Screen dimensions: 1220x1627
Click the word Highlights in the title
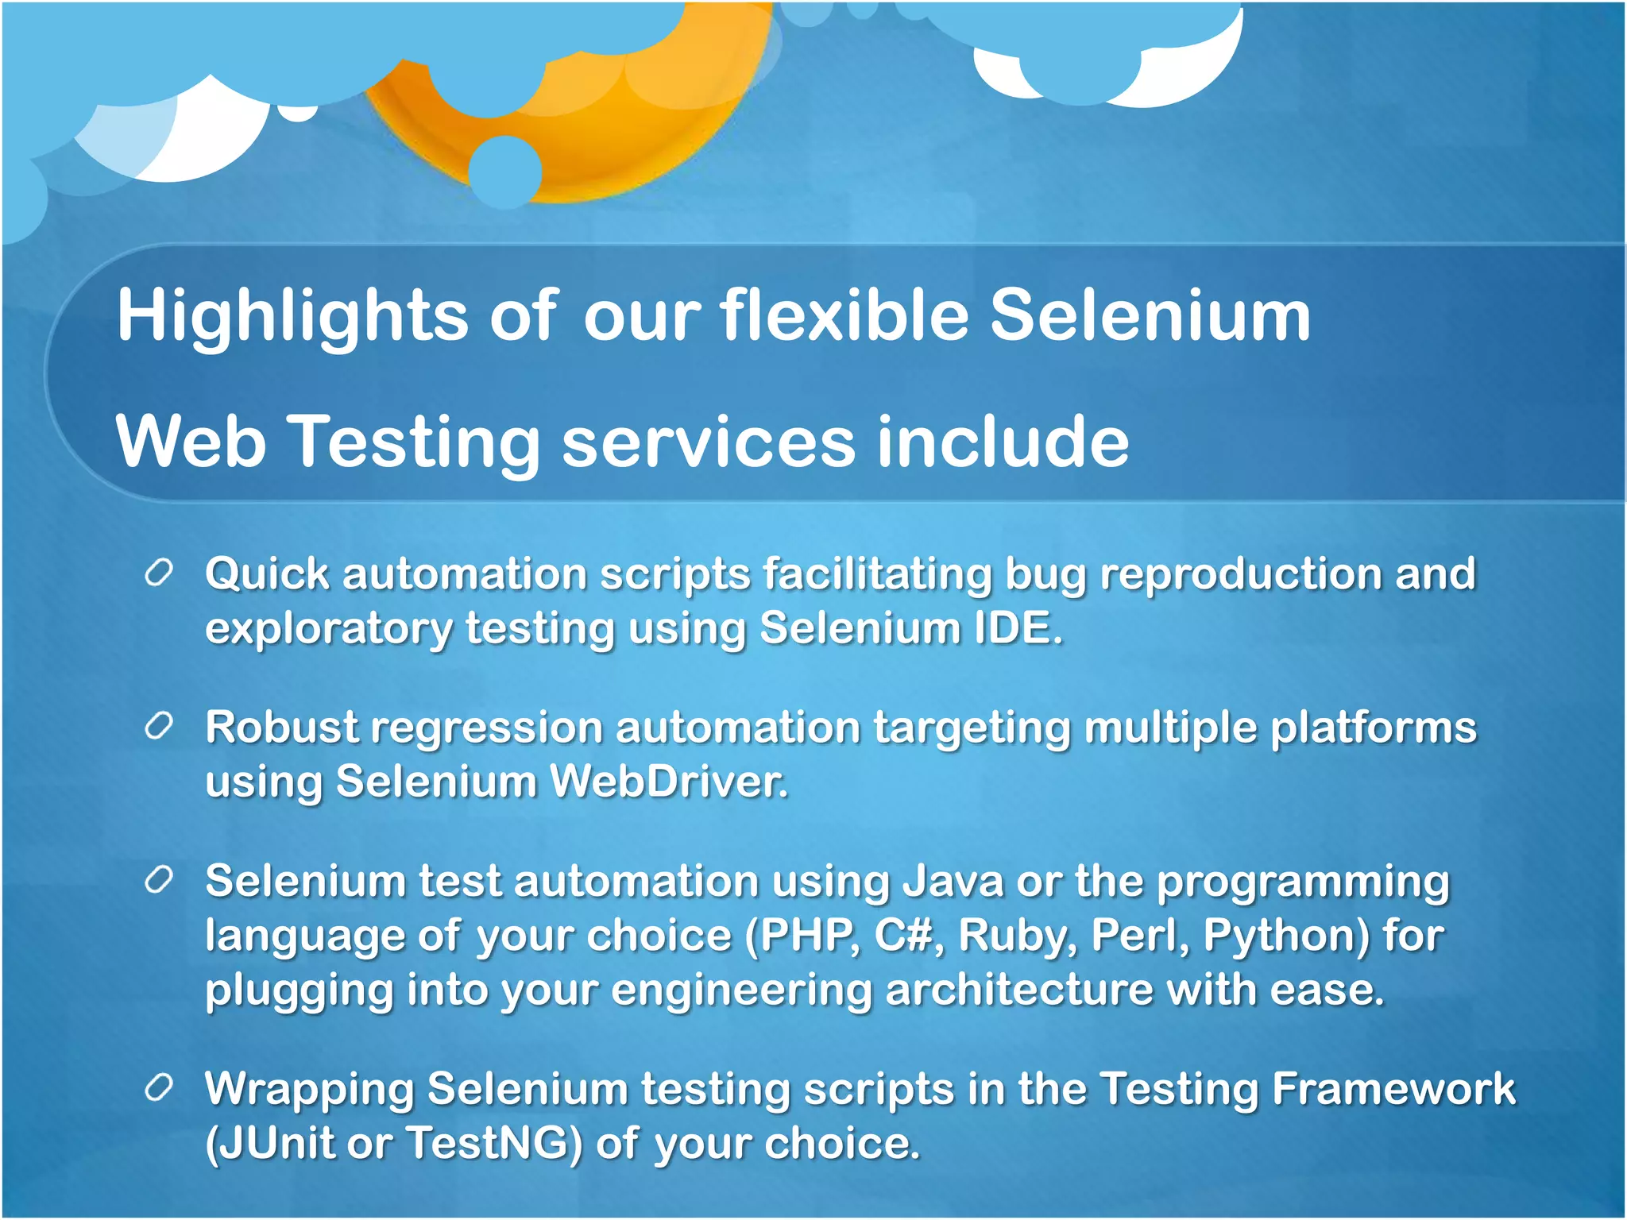click(x=292, y=317)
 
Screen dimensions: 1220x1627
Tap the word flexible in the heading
click(x=844, y=315)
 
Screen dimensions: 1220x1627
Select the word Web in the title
click(x=191, y=442)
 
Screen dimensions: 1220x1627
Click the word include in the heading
click(x=1003, y=442)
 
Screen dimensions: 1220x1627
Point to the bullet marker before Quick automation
click(x=159, y=573)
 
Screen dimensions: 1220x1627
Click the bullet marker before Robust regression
click(x=159, y=726)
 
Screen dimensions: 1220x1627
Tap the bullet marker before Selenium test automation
click(x=159, y=879)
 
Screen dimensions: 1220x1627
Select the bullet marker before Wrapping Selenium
click(x=159, y=1087)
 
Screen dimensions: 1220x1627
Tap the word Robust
click(x=282, y=728)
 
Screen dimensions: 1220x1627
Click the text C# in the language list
click(x=903, y=936)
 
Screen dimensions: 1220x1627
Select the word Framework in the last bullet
click(x=1393, y=1088)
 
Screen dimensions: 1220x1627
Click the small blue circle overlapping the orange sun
click(x=505, y=172)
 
